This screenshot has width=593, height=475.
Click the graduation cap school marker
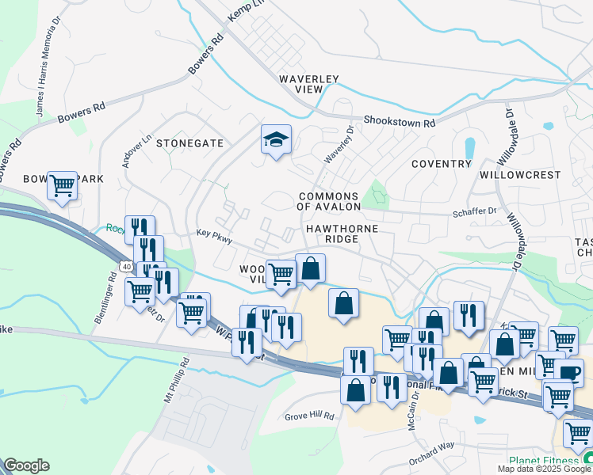point(276,140)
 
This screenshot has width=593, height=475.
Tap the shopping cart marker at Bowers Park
point(62,187)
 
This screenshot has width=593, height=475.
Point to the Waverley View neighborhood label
point(309,84)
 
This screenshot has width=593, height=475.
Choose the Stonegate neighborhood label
point(189,143)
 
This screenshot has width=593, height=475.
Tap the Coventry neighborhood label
point(442,164)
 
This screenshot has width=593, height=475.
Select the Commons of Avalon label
point(329,201)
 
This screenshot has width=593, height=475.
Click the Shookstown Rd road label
point(400,123)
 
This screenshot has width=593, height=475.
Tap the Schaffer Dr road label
point(475,211)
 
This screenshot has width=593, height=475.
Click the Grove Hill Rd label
point(310,416)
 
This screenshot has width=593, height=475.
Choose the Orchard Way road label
point(432,459)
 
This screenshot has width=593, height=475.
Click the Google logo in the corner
point(26,465)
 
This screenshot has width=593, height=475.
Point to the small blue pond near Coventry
point(469,148)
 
